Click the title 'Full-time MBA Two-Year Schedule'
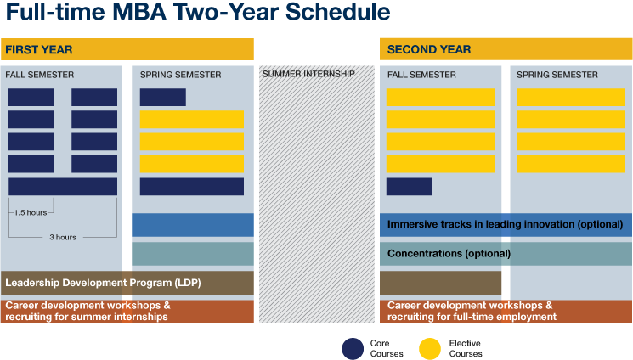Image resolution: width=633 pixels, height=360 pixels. point(196,14)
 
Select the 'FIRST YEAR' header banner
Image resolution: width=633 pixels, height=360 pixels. point(127,49)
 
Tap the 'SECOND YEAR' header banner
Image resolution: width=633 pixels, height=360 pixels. point(506,49)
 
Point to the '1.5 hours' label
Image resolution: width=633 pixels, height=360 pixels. point(30,211)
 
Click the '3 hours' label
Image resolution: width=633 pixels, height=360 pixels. point(62,237)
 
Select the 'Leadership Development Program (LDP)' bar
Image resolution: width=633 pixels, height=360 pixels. point(103,283)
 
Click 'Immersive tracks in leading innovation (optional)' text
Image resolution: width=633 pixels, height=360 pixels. point(506,225)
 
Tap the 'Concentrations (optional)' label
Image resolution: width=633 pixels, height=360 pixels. point(449,253)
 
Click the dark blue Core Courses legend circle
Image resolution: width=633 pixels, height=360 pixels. point(353,348)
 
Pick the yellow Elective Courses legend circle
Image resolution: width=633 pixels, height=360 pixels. point(431,348)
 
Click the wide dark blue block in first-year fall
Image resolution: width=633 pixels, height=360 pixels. point(63,187)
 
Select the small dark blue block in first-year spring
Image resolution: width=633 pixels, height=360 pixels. point(162,98)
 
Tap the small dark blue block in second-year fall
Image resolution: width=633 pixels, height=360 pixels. point(409,187)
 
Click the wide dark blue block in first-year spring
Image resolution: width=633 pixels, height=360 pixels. point(191,187)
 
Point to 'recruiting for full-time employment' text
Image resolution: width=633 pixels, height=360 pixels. point(472,317)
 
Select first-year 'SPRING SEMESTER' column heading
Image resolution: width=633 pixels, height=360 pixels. point(180,75)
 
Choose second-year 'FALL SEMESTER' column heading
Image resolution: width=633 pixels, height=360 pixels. point(421,75)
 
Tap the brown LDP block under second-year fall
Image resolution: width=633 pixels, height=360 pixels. point(441,283)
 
